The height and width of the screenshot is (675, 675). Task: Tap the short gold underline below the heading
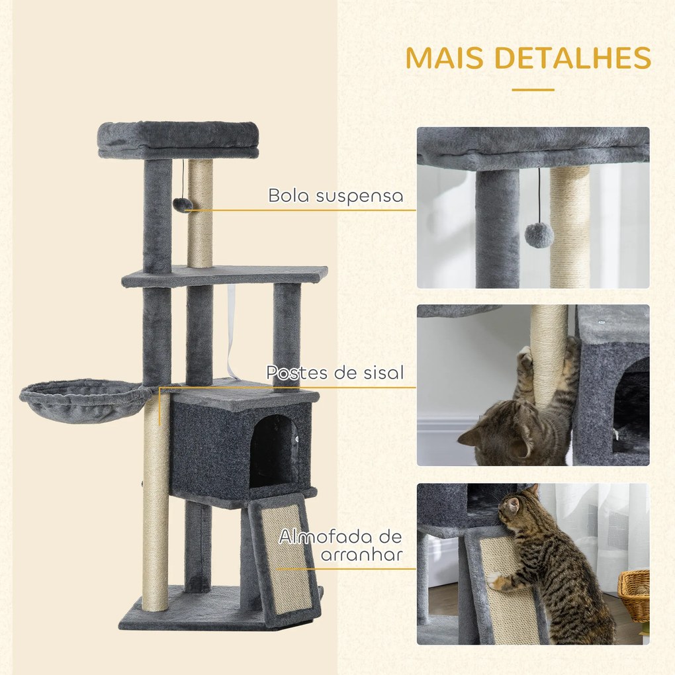533,89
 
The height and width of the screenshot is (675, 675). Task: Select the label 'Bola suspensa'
336,196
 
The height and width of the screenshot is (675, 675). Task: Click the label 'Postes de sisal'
335,373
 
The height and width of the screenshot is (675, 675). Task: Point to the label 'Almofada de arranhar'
340,545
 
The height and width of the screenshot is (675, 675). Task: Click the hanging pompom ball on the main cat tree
183,205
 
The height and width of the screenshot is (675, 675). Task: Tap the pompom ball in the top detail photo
539,235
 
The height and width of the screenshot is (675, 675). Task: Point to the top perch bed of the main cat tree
179,140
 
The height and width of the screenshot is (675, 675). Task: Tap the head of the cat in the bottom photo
514,506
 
